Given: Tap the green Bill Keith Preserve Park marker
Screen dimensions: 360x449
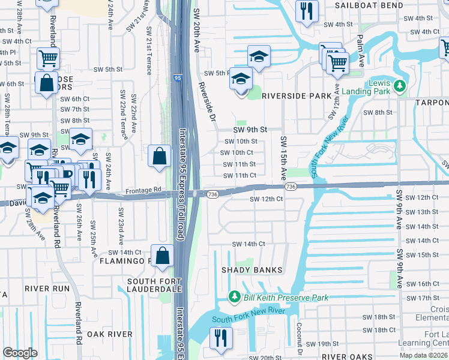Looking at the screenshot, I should click(x=234, y=297).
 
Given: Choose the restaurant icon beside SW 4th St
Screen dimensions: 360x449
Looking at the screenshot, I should click(x=307, y=11).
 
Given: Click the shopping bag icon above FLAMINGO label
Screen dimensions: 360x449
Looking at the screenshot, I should click(x=163, y=256).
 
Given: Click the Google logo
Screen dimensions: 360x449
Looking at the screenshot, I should click(x=20, y=353).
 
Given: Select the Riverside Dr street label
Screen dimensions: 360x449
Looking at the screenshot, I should click(x=207, y=102).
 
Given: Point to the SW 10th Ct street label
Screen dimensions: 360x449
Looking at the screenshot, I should click(x=238, y=152).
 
